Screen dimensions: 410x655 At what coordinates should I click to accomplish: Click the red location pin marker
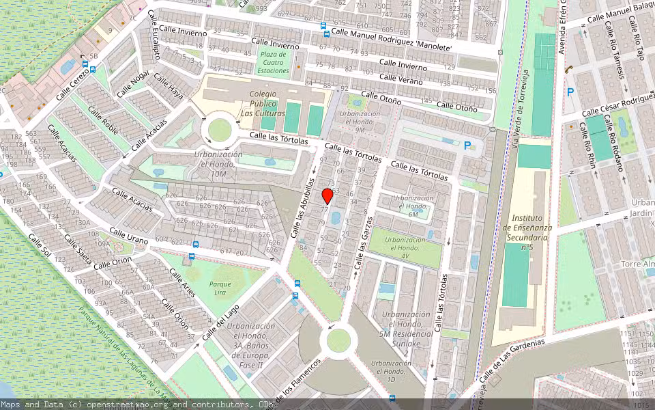[x=327, y=196]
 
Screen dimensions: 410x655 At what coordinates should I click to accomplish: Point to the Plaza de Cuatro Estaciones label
[x=274, y=62]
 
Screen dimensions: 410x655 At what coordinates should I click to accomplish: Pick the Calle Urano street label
[x=128, y=236]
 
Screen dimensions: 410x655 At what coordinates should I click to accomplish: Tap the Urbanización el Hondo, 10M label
[x=218, y=165]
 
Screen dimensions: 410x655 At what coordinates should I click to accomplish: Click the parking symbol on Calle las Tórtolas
[x=467, y=146]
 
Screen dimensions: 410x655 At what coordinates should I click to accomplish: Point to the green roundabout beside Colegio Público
[x=220, y=129]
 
